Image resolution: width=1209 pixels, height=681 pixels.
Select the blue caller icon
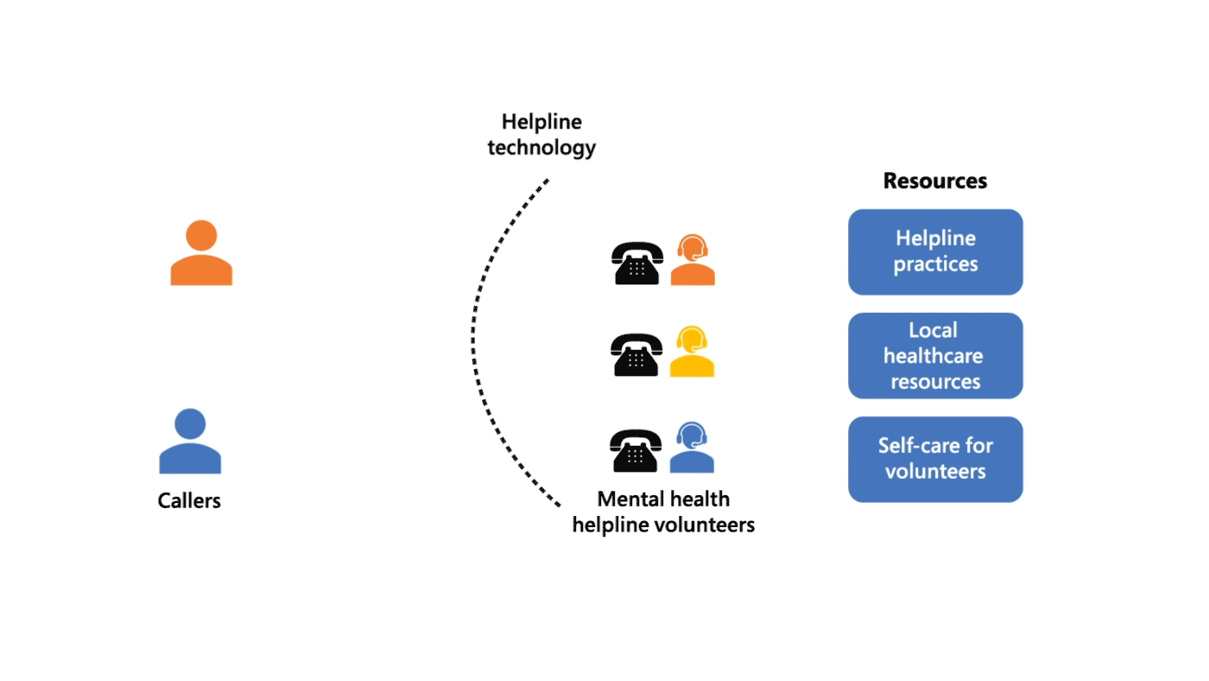coord(190,442)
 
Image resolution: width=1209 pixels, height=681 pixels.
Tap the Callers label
coord(189,500)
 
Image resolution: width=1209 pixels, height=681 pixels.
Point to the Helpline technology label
coord(541,135)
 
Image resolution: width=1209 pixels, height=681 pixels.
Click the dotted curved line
coord(474,341)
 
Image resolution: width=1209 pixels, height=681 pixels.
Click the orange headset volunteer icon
coord(693,260)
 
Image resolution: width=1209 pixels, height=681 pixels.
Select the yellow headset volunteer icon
coord(693,352)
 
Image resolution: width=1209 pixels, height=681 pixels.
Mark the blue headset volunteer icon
coord(692,448)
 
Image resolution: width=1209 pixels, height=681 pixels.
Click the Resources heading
coord(934,181)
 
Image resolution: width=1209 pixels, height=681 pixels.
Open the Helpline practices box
coord(935,251)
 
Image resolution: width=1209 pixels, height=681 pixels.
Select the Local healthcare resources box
coord(935,355)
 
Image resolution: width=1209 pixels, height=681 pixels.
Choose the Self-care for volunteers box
coord(935,459)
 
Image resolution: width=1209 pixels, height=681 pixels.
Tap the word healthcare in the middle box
coord(933,356)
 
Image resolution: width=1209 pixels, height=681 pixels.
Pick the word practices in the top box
coord(935,264)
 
